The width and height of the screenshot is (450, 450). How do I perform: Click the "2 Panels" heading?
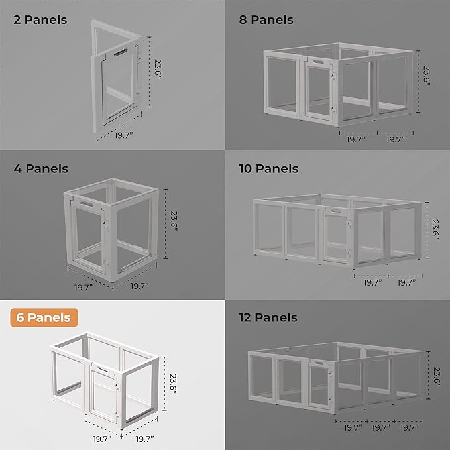[x=40, y=20]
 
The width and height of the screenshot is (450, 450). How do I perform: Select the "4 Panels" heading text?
[x=40, y=168]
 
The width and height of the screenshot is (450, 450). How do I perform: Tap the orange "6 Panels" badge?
[x=44, y=317]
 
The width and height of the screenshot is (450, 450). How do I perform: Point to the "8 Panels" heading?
[x=266, y=20]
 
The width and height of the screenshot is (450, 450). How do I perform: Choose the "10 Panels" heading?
[x=268, y=168]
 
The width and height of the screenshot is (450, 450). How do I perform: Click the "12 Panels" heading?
[x=268, y=317]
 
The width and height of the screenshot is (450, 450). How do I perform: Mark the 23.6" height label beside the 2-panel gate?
[x=158, y=69]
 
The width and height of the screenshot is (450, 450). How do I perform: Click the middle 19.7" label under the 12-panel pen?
[x=380, y=429]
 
